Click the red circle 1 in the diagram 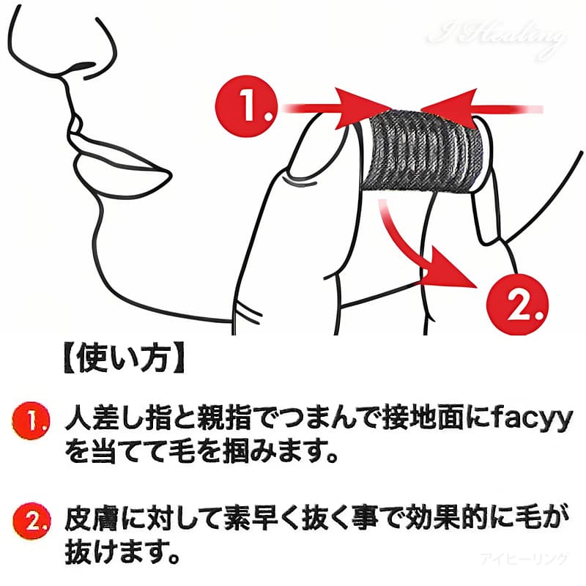pos(246,107)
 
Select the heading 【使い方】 pos(125,358)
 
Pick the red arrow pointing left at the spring pos(482,108)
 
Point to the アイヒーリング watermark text pos(524,559)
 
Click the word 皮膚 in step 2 pos(92,519)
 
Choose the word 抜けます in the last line pos(108,552)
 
